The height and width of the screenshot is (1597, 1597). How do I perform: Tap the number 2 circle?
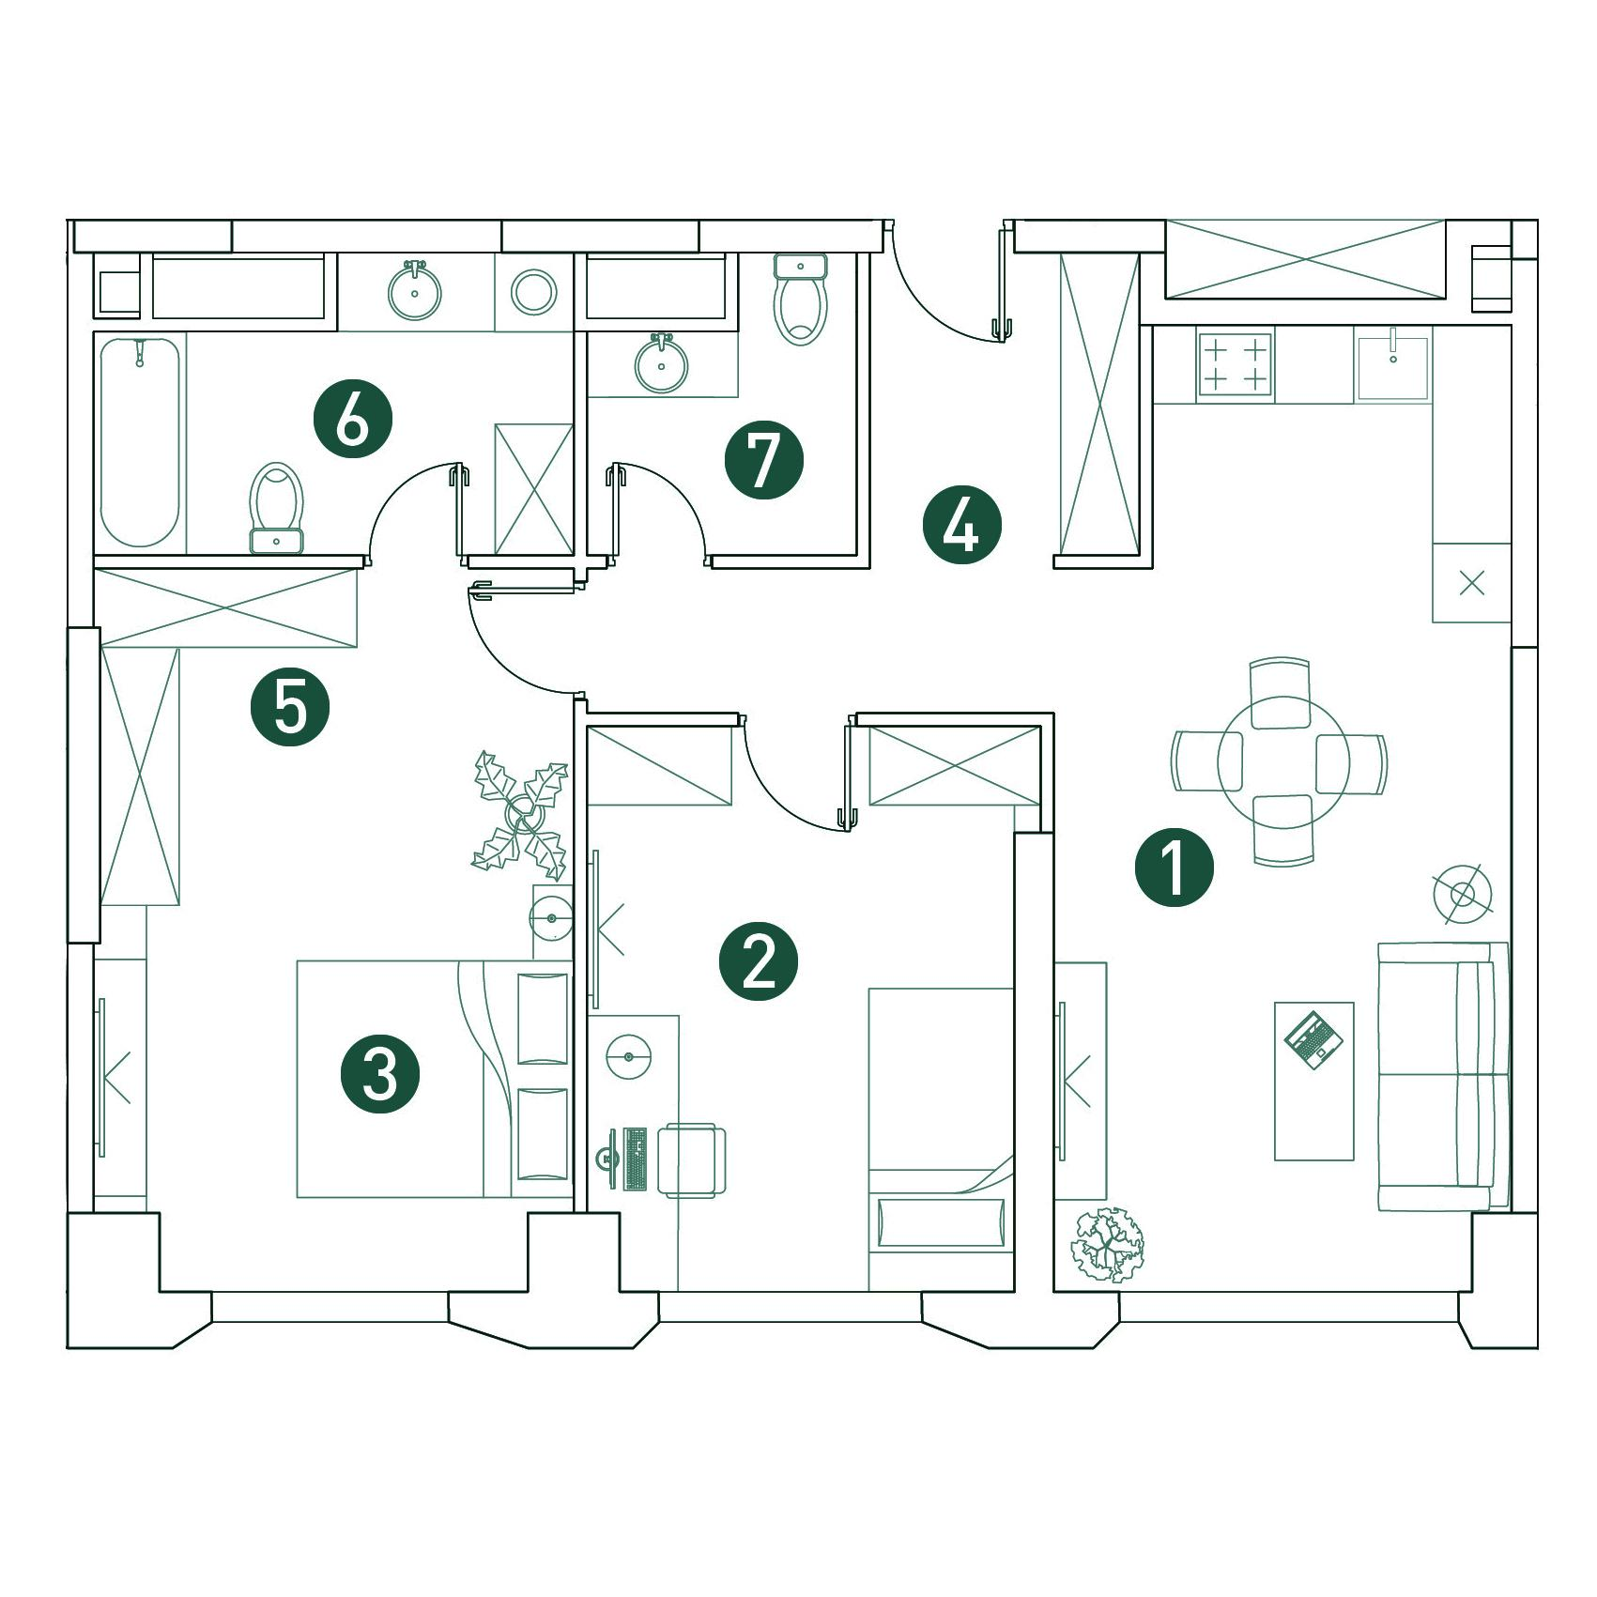click(759, 961)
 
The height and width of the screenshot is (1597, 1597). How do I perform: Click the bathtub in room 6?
click(140, 442)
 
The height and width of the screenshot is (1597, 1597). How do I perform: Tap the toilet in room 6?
click(277, 508)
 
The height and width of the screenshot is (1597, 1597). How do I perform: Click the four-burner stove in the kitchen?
click(1235, 365)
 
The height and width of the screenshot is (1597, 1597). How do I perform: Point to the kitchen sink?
click(1392, 364)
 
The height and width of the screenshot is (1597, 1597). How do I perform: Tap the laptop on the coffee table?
click(1314, 1038)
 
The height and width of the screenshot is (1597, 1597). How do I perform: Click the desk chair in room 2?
click(692, 1159)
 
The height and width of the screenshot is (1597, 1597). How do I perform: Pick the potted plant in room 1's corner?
click(1109, 1245)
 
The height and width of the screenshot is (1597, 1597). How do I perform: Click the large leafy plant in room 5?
click(521, 815)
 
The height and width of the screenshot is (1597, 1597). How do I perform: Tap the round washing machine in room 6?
click(534, 291)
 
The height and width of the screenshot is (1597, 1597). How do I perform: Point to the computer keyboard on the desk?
click(635, 1159)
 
